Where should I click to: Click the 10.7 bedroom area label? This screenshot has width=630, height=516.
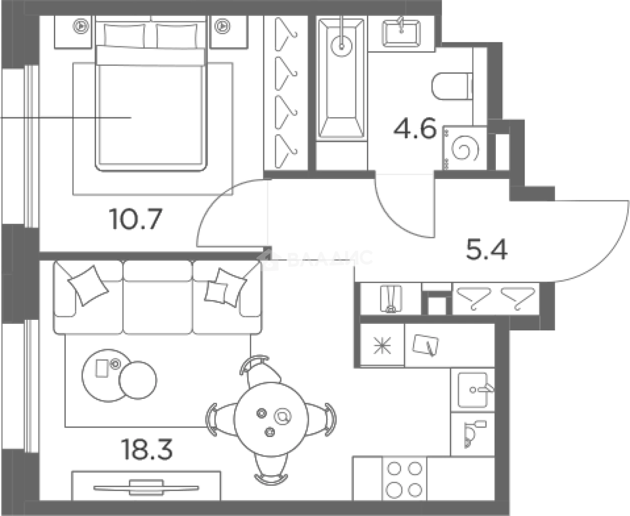coord(136,219)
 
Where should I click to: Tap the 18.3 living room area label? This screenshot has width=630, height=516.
coord(147,450)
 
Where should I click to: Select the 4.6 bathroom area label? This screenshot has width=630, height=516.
coord(415,129)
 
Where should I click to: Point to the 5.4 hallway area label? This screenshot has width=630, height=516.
coord(487,249)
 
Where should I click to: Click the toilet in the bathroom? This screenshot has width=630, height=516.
coord(452,87)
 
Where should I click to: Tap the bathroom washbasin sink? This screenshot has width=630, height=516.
coord(402,33)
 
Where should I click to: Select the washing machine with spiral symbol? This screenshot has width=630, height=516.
coord(465,148)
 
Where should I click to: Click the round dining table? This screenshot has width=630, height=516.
coord(271,418)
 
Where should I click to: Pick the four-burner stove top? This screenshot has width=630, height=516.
coord(404,479)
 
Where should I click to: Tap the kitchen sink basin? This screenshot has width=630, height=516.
coord(473,390)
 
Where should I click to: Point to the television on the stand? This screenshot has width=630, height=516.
coord(146,488)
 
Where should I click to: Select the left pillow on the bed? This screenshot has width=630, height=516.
coord(125,36)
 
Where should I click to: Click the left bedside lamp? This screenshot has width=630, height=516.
coord(81,26)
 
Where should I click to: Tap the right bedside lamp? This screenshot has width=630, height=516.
coord(222,26)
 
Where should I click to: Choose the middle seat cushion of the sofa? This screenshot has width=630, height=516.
coord(157,297)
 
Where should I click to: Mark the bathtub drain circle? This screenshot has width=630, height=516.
coord(342,46)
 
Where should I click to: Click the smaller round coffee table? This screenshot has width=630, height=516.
coord(138,380)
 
